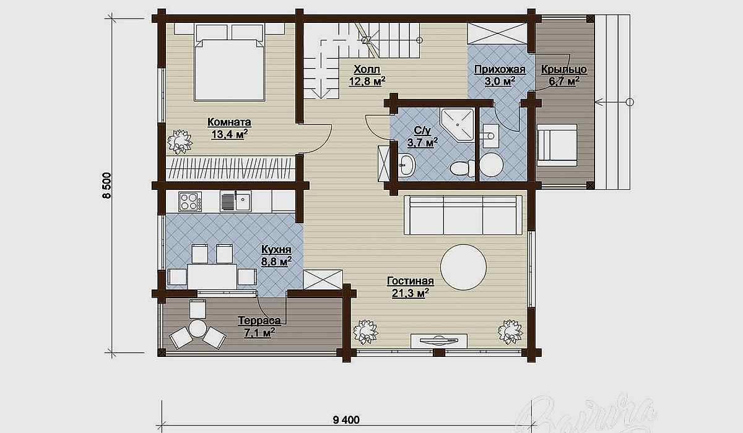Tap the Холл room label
(367, 69)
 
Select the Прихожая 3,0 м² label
(500, 75)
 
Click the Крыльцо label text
(564, 69)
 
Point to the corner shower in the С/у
(458, 124)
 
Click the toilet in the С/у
(463, 167)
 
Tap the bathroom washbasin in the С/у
(406, 164)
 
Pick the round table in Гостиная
(463, 267)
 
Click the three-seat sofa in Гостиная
(463, 215)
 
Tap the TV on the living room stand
(438, 341)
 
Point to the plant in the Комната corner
(180, 142)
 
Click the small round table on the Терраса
(198, 328)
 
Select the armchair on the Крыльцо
(557, 145)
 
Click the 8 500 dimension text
(107, 185)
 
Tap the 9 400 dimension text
(346, 420)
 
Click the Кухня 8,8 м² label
(276, 255)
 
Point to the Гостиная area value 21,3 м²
(411, 293)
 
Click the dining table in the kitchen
(212, 277)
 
